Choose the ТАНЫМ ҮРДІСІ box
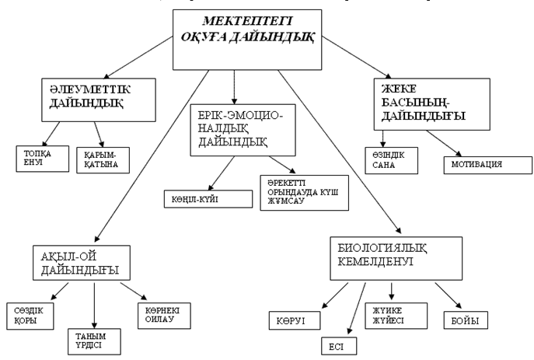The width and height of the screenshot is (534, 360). point(94,340)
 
